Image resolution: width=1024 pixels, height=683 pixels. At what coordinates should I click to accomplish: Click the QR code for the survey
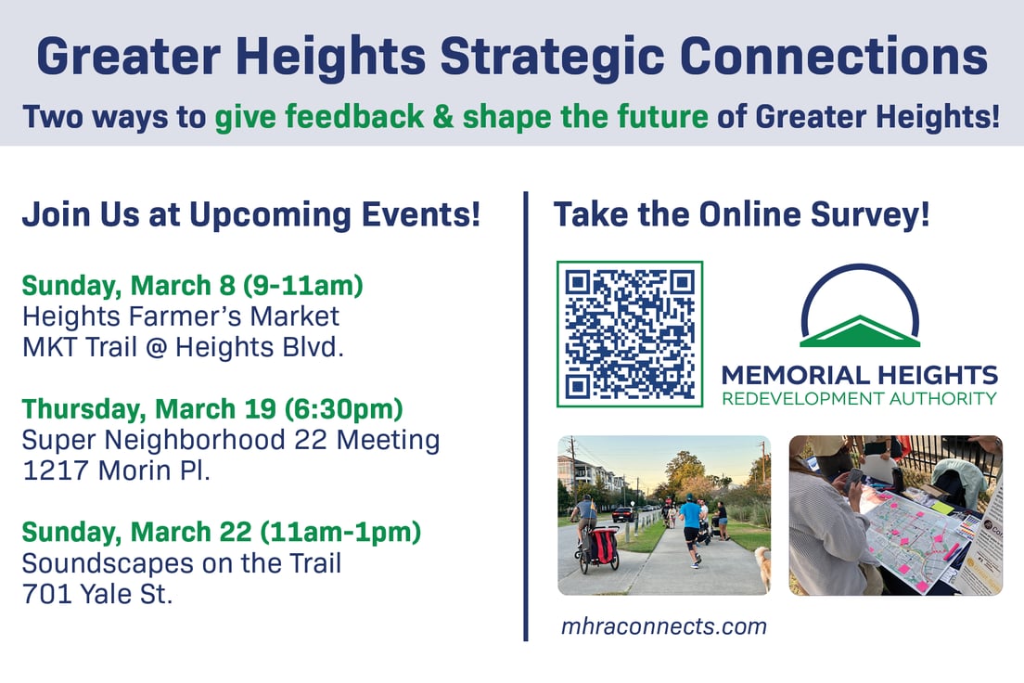click(x=630, y=334)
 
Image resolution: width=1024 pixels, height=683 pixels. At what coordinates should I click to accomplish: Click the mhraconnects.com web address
click(x=663, y=626)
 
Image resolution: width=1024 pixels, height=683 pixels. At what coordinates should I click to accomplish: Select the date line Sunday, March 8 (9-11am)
click(x=192, y=285)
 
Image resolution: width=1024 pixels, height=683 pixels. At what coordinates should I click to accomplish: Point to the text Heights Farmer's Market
click(x=181, y=316)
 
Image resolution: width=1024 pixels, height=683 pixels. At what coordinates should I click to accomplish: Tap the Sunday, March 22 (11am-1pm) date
click(x=222, y=532)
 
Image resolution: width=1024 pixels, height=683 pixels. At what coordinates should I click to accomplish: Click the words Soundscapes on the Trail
click(x=182, y=562)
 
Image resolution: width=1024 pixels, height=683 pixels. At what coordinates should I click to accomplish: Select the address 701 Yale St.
click(x=97, y=593)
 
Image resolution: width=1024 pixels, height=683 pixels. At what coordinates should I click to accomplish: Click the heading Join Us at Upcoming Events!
click(x=250, y=215)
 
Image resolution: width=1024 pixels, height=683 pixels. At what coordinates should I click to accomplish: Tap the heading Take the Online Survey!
click(x=741, y=215)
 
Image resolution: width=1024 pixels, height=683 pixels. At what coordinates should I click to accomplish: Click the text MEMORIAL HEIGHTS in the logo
click(x=859, y=376)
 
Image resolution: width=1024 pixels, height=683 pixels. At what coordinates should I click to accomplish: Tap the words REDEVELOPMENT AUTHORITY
click(x=859, y=399)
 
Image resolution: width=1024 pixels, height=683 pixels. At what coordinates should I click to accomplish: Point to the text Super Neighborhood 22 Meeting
click(x=231, y=439)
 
